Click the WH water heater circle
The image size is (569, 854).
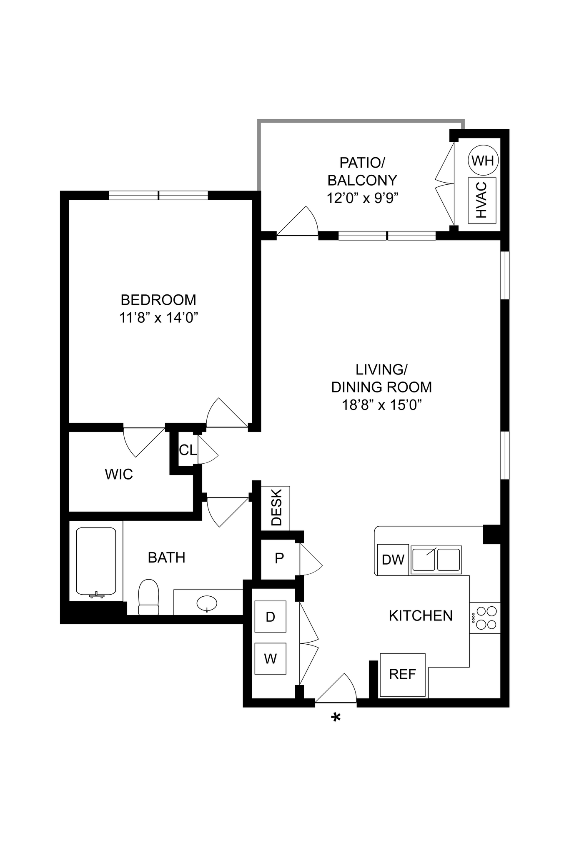click(483, 161)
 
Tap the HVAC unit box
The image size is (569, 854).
click(482, 200)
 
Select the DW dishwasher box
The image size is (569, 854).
click(393, 560)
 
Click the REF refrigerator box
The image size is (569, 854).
click(403, 675)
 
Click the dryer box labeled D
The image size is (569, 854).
click(270, 616)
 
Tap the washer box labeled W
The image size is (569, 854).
click(270, 659)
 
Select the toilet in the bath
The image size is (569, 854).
click(149, 597)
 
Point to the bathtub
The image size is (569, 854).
click(96, 561)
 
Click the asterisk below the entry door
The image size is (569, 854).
click(336, 718)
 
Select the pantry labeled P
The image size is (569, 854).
click(279, 558)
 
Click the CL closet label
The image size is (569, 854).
click(188, 450)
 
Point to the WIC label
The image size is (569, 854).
click(119, 474)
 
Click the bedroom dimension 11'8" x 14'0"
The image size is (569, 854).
click(158, 318)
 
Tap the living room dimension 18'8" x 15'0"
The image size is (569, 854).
click(382, 405)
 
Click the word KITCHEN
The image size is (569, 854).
click(421, 616)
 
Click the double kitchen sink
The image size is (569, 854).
click(436, 560)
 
